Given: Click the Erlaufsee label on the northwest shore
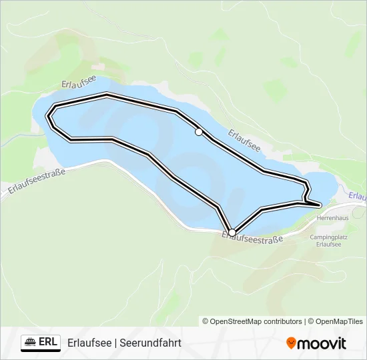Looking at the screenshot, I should pos(79,83).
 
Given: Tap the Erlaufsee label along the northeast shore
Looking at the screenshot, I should pos(244,140).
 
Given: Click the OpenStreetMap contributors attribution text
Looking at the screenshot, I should pos(256,321).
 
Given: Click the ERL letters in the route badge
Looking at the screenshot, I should pos(48,342).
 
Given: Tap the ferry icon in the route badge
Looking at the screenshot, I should pos(31,342).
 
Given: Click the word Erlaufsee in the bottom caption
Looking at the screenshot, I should pos(89,343).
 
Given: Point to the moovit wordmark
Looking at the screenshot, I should pos(322,343).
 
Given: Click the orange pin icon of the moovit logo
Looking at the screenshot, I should pos(291,343).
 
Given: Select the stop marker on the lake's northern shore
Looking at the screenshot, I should pos(198,132).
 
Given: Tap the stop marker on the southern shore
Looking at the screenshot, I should pos(232,232).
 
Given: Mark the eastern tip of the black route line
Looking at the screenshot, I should pos(320,204).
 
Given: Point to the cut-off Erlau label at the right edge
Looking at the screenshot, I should pos(358,196).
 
